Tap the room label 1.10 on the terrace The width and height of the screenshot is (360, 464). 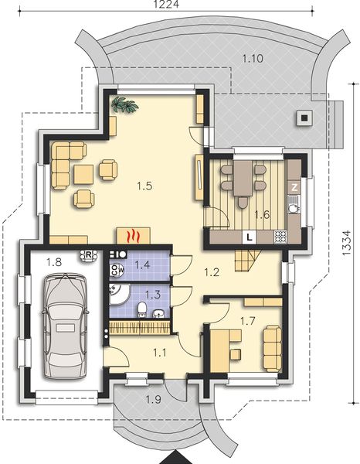coord(253,57)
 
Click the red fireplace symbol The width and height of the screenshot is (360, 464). coord(134,234)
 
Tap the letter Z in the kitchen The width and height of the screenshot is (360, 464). coord(294,186)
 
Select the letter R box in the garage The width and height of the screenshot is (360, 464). coord(89,253)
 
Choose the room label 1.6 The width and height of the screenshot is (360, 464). coord(262,215)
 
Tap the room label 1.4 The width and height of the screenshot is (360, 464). coord(142,265)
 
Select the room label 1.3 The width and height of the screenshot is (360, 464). coord(142,295)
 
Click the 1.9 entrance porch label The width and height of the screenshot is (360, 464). coord(154,400)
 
